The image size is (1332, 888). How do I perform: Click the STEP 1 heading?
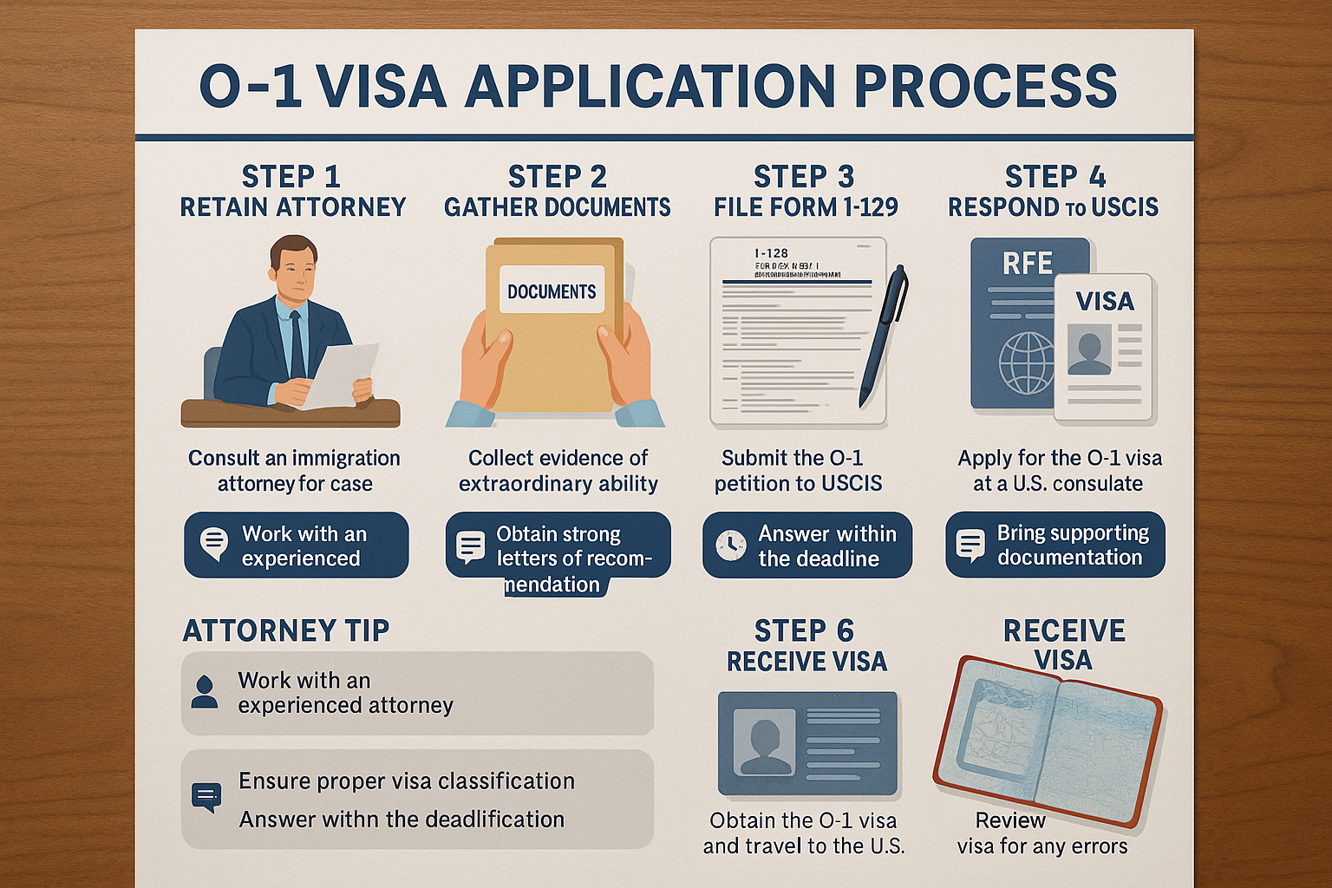(x=291, y=177)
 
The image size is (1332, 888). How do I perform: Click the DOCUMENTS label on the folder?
(x=552, y=291)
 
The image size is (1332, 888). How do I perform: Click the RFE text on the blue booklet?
(x=1028, y=263)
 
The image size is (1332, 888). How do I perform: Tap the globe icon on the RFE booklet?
(x=1027, y=362)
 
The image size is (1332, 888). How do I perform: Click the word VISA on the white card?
(x=1105, y=302)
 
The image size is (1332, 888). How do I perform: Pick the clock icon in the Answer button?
(x=730, y=545)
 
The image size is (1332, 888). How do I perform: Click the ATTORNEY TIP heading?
(x=286, y=630)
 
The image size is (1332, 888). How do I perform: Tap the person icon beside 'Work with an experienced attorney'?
(x=205, y=692)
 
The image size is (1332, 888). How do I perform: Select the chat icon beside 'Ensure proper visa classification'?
(x=206, y=797)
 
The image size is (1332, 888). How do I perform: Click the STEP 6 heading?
(x=804, y=630)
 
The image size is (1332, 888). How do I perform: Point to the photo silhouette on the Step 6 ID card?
(x=764, y=742)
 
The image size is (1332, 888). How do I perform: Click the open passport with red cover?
(x=1048, y=741)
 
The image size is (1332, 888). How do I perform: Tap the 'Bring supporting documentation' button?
(x=1055, y=545)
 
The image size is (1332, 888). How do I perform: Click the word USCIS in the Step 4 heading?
(x=1125, y=207)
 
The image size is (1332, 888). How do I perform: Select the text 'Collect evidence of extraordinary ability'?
(x=558, y=471)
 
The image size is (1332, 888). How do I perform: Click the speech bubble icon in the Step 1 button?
(x=213, y=543)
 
